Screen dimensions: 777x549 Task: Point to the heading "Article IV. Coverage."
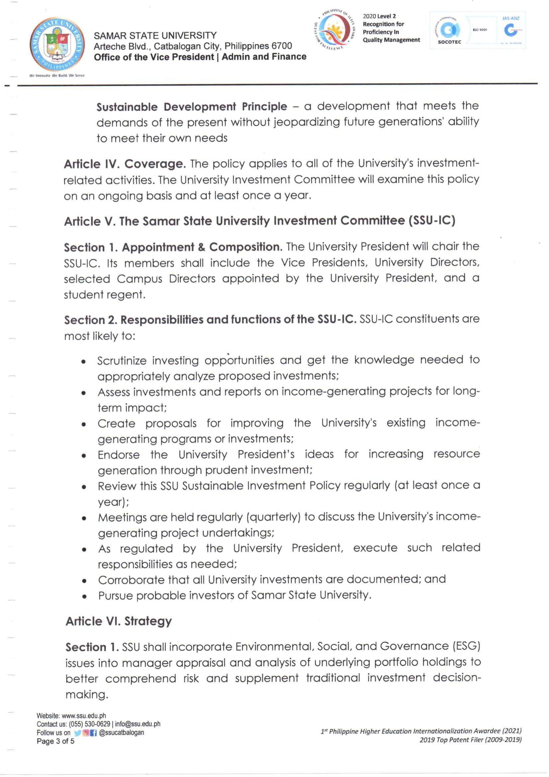[125, 164]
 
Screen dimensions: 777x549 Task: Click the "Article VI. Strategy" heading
[119, 621]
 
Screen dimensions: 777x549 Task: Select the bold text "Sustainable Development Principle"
[191, 107]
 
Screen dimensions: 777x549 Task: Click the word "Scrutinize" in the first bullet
[122, 360]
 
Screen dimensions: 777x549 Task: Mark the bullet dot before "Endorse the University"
[84, 456]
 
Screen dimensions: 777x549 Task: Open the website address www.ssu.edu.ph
[84, 716]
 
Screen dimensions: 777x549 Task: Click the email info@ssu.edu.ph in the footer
[138, 724]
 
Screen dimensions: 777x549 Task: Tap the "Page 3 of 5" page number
[56, 741]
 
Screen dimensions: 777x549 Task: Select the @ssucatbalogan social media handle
[121, 732]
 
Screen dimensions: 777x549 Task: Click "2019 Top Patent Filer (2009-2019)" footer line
[470, 740]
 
